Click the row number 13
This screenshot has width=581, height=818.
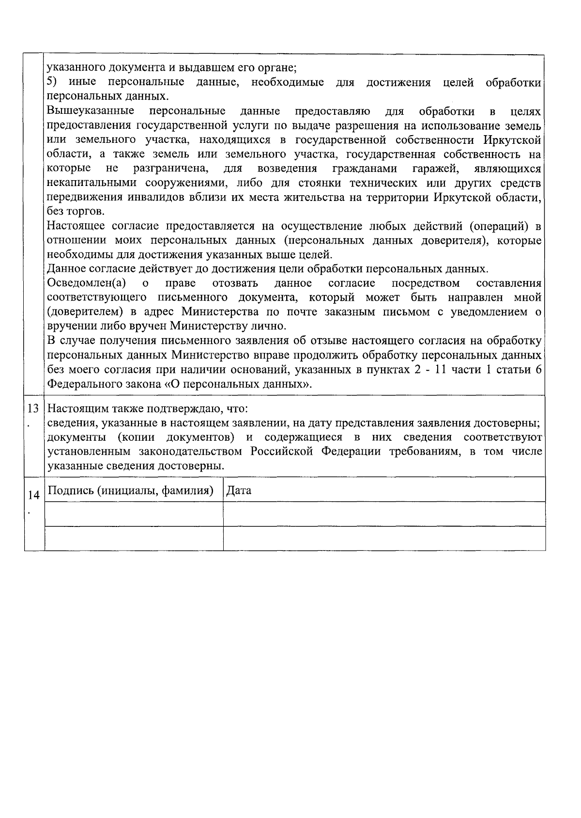[x=33, y=408]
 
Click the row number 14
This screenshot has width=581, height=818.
[x=33, y=495]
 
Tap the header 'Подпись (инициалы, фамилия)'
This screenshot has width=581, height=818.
[x=131, y=490]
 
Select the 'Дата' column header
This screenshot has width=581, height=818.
[x=239, y=490]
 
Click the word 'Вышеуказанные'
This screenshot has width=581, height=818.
[x=91, y=111]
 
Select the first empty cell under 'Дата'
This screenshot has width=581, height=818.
[x=384, y=514]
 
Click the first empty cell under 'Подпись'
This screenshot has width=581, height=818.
[x=134, y=514]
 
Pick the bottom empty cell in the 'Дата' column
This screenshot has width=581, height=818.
[x=384, y=538]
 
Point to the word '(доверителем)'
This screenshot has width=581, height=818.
[x=84, y=312]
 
